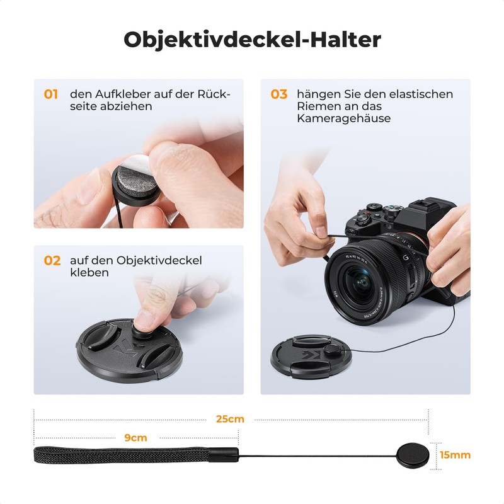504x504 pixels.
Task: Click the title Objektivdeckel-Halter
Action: tap(252, 39)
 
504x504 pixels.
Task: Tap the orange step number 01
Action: tap(51, 94)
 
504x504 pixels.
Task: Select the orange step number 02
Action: tap(52, 260)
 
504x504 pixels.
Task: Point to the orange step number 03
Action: tap(279, 94)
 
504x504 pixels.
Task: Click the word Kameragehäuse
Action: tap(344, 118)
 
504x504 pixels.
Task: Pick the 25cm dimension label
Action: tap(230, 419)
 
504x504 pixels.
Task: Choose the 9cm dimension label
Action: tap(135, 437)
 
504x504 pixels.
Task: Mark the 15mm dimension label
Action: tap(455, 455)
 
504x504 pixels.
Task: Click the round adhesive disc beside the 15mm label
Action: tap(412, 454)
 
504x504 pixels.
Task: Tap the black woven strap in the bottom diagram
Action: tap(126, 454)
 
